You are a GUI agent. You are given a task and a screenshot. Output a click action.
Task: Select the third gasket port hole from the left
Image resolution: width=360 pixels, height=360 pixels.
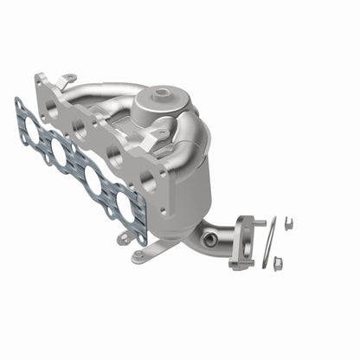point(92,180)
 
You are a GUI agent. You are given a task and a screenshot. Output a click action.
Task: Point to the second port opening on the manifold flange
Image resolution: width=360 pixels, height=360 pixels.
point(80,129)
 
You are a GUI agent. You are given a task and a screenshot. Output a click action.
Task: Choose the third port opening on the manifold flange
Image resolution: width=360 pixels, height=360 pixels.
point(114,156)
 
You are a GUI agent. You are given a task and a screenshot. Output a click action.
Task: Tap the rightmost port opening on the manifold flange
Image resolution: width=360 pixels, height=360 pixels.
point(148,183)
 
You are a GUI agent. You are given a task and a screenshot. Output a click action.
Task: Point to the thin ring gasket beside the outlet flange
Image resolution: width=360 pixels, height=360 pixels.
point(269,243)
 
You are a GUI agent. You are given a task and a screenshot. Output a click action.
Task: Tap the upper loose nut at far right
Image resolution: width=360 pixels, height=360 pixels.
point(287,225)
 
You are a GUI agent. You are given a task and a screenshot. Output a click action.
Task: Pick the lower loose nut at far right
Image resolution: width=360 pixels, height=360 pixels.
point(277,261)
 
